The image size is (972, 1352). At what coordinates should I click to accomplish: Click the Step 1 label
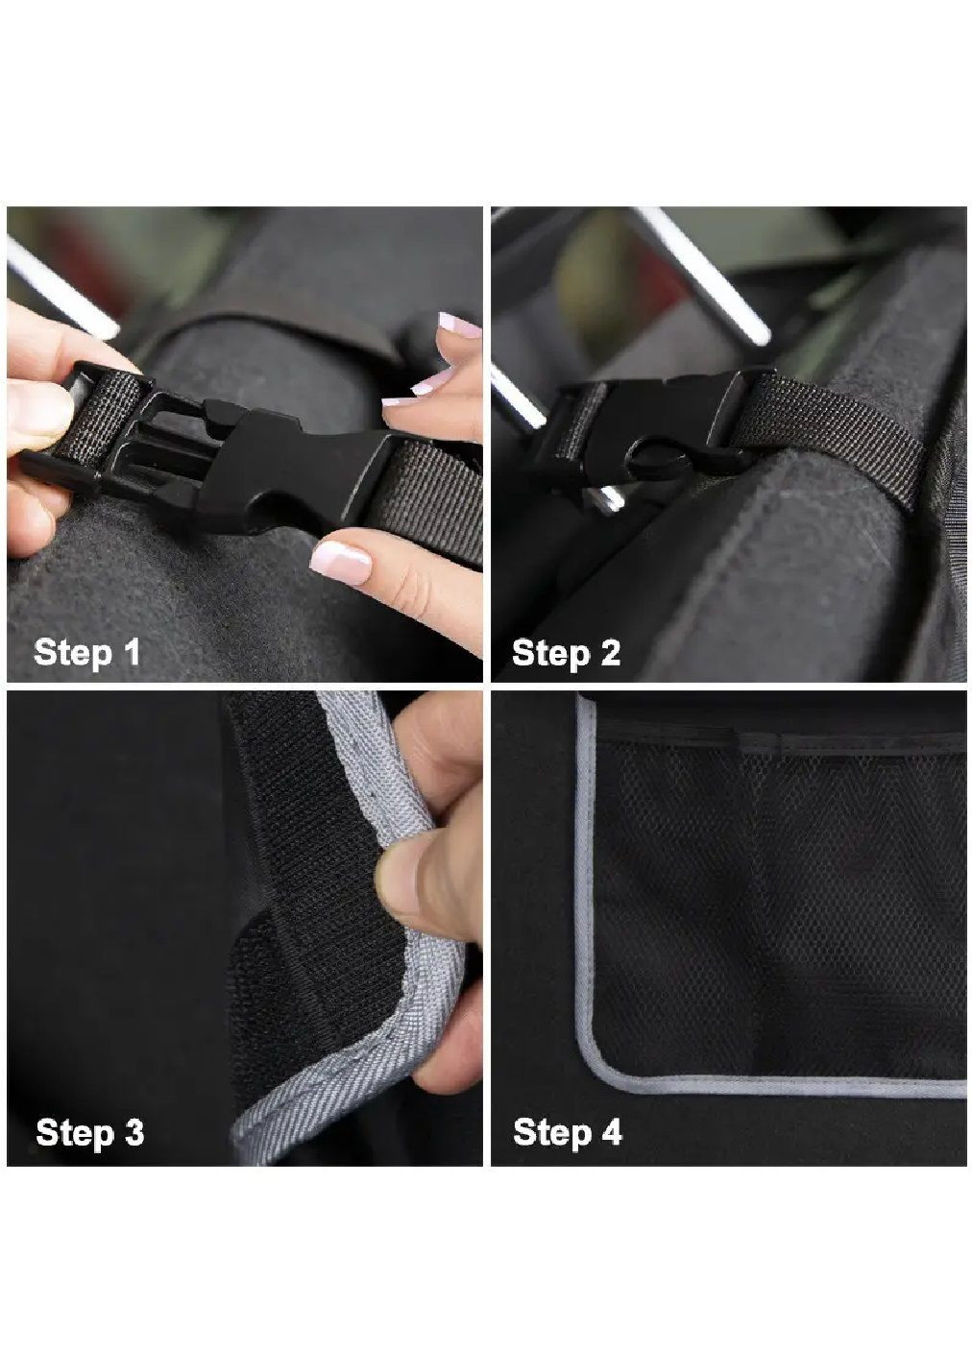click(x=87, y=653)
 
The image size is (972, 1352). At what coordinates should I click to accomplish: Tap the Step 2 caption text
click(x=567, y=654)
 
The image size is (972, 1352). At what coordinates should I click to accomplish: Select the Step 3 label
click(x=90, y=1132)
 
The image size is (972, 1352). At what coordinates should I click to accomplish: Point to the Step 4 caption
click(x=568, y=1132)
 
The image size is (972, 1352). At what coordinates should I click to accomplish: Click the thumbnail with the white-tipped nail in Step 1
click(x=340, y=561)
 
